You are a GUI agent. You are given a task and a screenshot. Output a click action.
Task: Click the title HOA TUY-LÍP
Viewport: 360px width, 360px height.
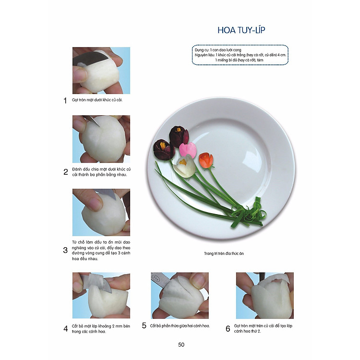pos(241,30)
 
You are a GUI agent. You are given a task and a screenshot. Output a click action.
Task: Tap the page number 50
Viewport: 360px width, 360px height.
pos(181,344)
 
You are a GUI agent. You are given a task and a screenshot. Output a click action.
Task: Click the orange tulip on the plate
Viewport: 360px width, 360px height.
pos(206,160)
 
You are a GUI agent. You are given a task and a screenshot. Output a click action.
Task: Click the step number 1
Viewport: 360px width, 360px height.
pos(65,101)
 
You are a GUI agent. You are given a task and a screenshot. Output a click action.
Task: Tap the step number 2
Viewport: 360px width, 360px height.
pos(65,172)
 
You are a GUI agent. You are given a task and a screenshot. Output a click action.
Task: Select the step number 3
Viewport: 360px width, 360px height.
pos(65,250)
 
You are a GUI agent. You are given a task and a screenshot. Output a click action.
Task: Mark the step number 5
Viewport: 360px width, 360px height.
pos(144,325)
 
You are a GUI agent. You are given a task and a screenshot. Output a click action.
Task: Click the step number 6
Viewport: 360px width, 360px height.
pos(228,328)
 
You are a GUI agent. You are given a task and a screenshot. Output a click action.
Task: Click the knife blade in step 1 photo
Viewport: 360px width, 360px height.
pos(91,59)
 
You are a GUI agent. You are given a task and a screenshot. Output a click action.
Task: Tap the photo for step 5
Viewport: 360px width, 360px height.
pos(180,295)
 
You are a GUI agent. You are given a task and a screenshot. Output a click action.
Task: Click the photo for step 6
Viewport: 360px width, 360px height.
pos(264,295)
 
